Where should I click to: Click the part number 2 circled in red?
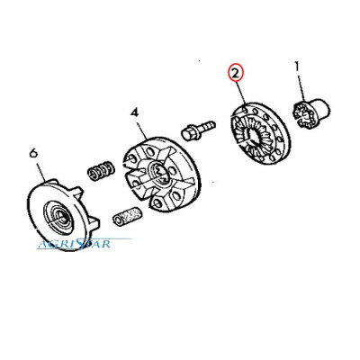pos(236,73)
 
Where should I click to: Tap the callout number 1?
pos(297,66)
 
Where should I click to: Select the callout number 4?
pos(134,113)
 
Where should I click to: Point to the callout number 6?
pos(33,153)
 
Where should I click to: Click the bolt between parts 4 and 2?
pos(198,130)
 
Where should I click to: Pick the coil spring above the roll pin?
pos(101,171)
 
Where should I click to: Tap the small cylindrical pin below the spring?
pos(127,217)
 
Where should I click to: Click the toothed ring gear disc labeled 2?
pos(260,133)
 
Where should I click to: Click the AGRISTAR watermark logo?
pos(75,243)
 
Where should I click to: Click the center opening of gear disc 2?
pos(255,138)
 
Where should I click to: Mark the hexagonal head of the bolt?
pos(190,133)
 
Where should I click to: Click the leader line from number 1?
pos(301,86)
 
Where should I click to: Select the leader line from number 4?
pos(141,128)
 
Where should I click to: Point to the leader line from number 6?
pos(40,170)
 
